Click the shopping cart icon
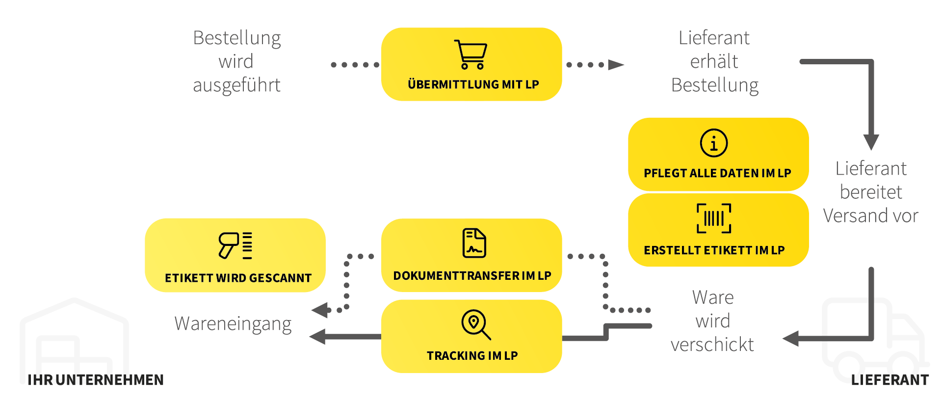point(471,54)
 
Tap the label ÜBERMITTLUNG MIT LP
point(473,84)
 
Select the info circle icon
point(714,143)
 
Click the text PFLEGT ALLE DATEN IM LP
point(717,173)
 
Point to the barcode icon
point(714,218)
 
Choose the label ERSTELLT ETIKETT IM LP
point(714,250)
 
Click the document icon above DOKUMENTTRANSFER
point(474,243)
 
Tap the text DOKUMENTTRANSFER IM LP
point(472,276)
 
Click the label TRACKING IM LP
point(472,356)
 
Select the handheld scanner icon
point(235,245)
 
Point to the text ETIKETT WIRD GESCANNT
point(238,278)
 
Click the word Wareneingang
point(233,324)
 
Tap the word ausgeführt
point(236,85)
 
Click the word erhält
point(714,61)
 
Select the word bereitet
point(871,192)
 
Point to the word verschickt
point(712,345)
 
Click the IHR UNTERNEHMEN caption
point(96,380)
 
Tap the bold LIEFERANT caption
point(890,380)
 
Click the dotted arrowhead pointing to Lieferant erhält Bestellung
point(616,65)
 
